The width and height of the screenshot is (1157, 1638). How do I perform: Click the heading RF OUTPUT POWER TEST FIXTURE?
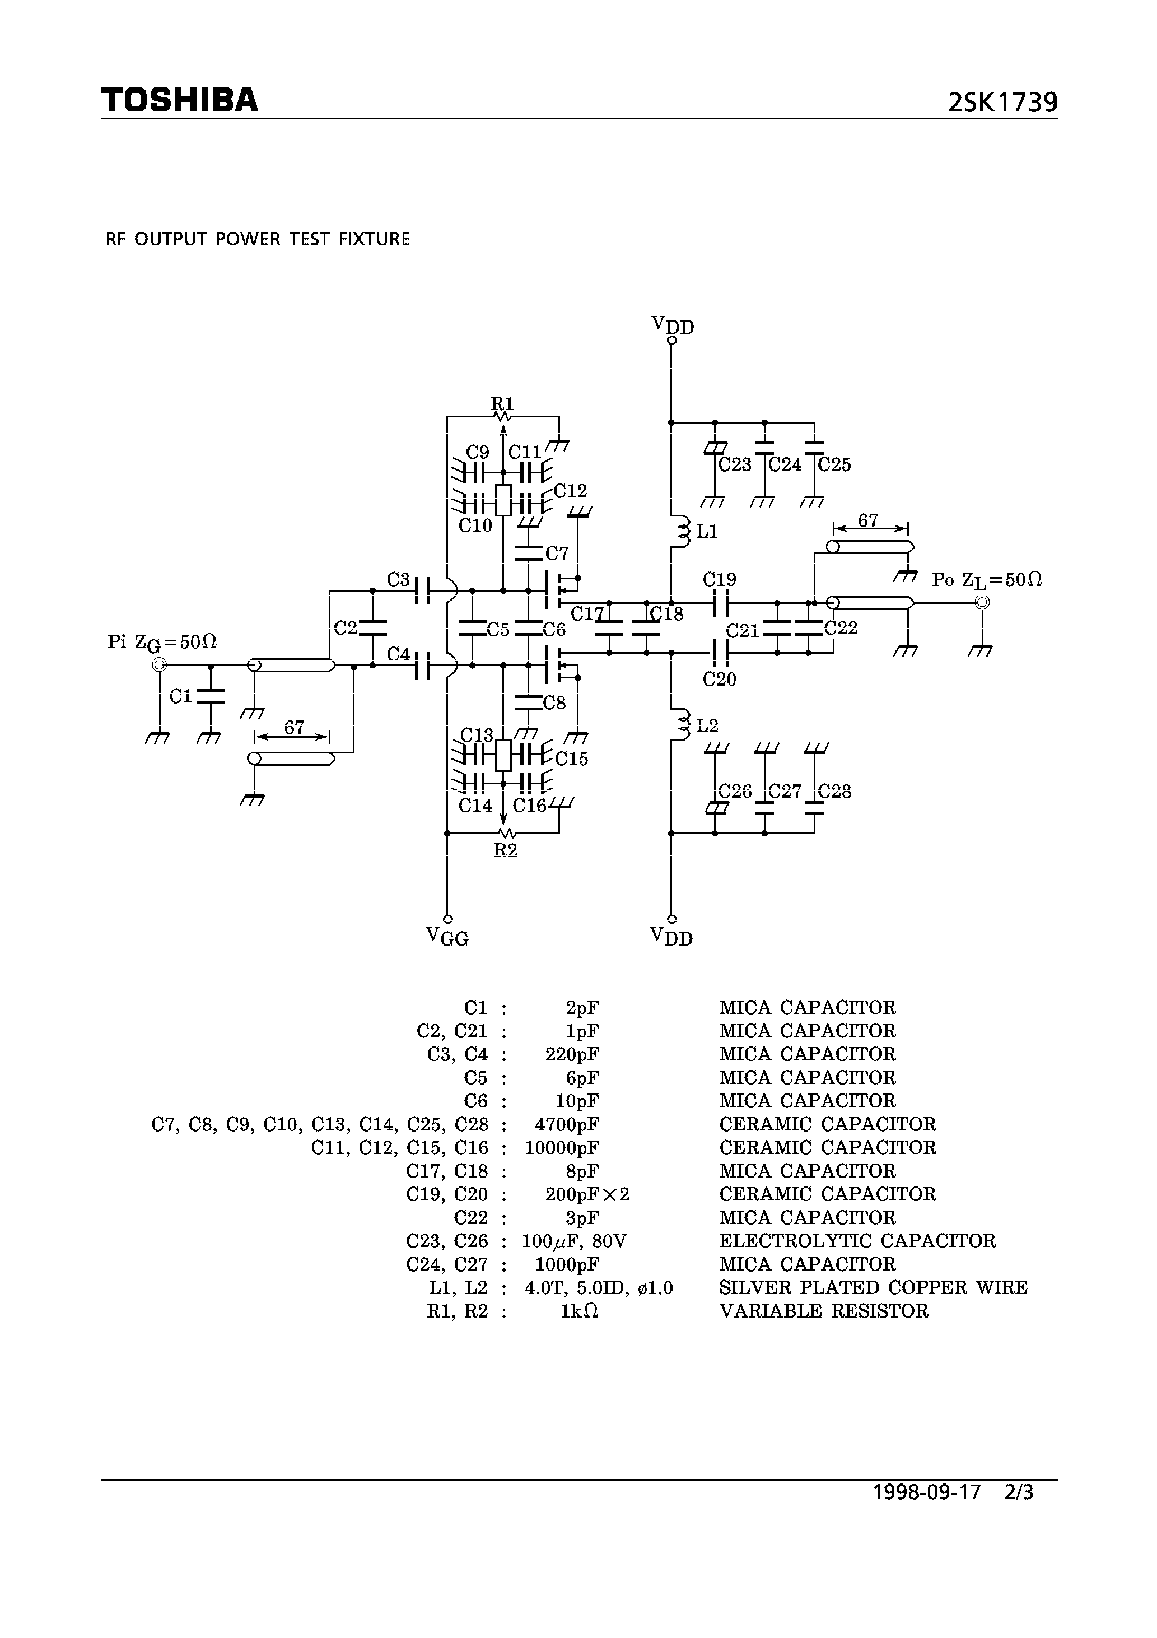258,239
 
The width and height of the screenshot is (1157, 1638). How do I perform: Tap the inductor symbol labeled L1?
683,532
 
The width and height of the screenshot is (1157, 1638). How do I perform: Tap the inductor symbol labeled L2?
683,725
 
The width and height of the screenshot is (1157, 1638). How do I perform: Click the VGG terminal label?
447,937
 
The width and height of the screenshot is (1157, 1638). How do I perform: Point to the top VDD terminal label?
672,325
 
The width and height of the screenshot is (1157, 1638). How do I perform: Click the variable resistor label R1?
502,404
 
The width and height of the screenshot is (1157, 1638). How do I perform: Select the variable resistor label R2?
505,850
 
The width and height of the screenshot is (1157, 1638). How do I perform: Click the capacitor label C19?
719,579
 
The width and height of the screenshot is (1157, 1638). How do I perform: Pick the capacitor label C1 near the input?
180,696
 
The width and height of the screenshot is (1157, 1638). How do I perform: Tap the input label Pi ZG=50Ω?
162,643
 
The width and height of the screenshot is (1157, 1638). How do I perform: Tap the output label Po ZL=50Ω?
987,580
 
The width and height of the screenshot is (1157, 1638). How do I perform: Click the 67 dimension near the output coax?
867,521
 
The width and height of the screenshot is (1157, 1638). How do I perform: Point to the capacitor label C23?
735,465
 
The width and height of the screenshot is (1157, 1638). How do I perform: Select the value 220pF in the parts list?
571,1054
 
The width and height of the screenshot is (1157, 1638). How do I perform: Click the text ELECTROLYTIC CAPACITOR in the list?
857,1241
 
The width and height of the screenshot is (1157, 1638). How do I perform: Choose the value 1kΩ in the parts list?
578,1311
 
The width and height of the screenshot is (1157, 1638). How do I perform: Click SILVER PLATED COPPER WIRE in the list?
873,1288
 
